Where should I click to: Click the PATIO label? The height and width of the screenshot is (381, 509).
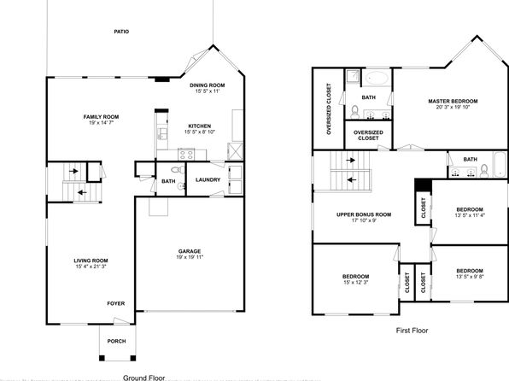click(121, 32)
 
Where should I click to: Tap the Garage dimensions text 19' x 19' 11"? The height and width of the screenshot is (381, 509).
click(190, 257)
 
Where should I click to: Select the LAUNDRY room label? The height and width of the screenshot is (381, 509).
click(208, 179)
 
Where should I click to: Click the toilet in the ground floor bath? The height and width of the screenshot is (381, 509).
click(178, 169)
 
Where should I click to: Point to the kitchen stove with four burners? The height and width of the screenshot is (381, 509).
click(186, 155)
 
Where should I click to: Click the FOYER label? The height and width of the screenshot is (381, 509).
click(116, 303)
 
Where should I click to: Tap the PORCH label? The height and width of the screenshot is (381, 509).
click(116, 341)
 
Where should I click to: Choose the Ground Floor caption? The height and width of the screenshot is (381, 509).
click(143, 378)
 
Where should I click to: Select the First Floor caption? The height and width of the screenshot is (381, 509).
click(412, 331)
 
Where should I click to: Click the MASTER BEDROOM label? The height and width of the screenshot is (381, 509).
click(453, 101)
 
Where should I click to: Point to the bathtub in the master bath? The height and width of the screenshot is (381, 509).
click(377, 79)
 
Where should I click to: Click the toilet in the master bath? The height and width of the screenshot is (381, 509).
click(354, 111)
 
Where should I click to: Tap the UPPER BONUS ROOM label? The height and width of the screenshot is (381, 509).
click(364, 214)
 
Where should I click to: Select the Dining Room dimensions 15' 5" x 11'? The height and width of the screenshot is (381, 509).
click(208, 91)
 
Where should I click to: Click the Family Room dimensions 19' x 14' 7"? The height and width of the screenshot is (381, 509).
click(102, 123)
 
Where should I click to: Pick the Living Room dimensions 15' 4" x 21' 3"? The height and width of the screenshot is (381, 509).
click(91, 267)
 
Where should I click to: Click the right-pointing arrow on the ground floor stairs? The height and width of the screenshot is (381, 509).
click(73, 171)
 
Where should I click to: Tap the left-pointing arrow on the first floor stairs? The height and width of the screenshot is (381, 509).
click(352, 179)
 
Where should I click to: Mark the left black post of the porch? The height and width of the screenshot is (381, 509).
click(102, 358)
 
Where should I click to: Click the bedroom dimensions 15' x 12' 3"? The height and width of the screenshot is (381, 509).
click(356, 282)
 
